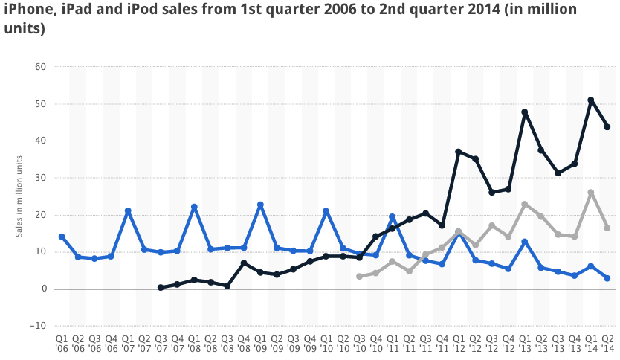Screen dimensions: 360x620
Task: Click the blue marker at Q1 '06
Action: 62,237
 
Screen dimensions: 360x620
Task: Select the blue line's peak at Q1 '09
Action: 260,205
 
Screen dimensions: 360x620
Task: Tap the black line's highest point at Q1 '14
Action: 591,100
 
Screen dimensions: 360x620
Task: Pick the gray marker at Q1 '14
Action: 591,193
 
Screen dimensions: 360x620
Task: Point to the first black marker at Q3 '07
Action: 161,287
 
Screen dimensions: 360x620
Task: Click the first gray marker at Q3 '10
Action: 359,276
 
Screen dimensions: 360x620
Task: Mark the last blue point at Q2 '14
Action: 607,278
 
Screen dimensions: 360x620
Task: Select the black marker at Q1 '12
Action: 459,152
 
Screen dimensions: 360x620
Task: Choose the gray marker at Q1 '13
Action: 525,204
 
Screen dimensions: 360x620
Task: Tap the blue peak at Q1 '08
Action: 194,207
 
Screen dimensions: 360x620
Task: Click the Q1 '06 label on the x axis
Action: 62,344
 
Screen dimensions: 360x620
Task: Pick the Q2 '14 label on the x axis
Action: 607,344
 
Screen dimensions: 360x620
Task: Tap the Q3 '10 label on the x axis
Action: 359,344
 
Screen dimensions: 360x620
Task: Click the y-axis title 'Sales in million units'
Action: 19,196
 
